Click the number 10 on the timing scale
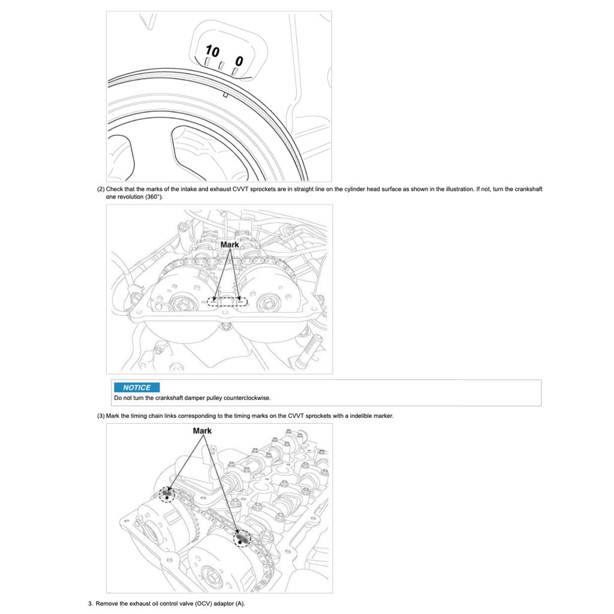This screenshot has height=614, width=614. click(212, 51)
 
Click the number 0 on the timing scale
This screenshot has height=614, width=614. click(239, 61)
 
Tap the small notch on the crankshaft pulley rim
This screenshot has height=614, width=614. click(225, 94)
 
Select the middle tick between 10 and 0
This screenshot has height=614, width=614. click(221, 66)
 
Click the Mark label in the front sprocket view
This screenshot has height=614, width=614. click(230, 245)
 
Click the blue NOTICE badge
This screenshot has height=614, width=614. click(137, 387)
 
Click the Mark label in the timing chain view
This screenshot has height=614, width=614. click(202, 431)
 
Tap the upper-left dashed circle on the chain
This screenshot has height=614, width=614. click(167, 494)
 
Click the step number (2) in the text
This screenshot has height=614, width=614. click(101, 189)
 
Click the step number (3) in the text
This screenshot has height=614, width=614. click(101, 416)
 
